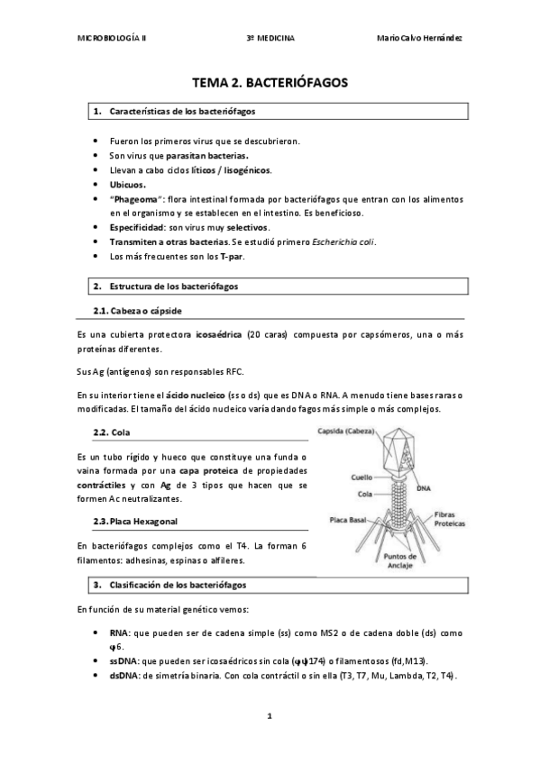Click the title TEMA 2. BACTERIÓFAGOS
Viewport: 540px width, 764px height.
coord(270,83)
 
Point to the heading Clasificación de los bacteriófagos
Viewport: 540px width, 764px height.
coord(180,585)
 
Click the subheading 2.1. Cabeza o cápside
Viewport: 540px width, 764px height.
coord(137,310)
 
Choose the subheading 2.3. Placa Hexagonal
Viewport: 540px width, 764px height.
coord(135,522)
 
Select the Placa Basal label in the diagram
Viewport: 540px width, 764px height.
coord(346,520)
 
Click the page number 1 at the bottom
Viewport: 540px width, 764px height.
coord(269,716)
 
